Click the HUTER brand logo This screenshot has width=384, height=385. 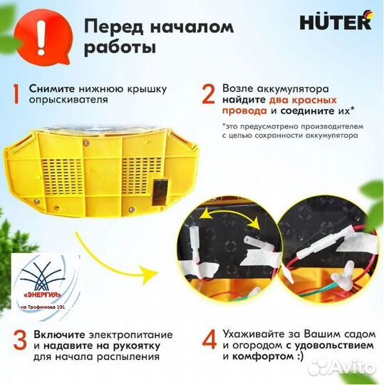coord(340,21)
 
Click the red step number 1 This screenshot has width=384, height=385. coord(16,94)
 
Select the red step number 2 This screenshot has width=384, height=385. coord(208,95)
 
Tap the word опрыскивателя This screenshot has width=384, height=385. coord(68,101)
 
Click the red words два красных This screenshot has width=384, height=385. coord(305,101)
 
